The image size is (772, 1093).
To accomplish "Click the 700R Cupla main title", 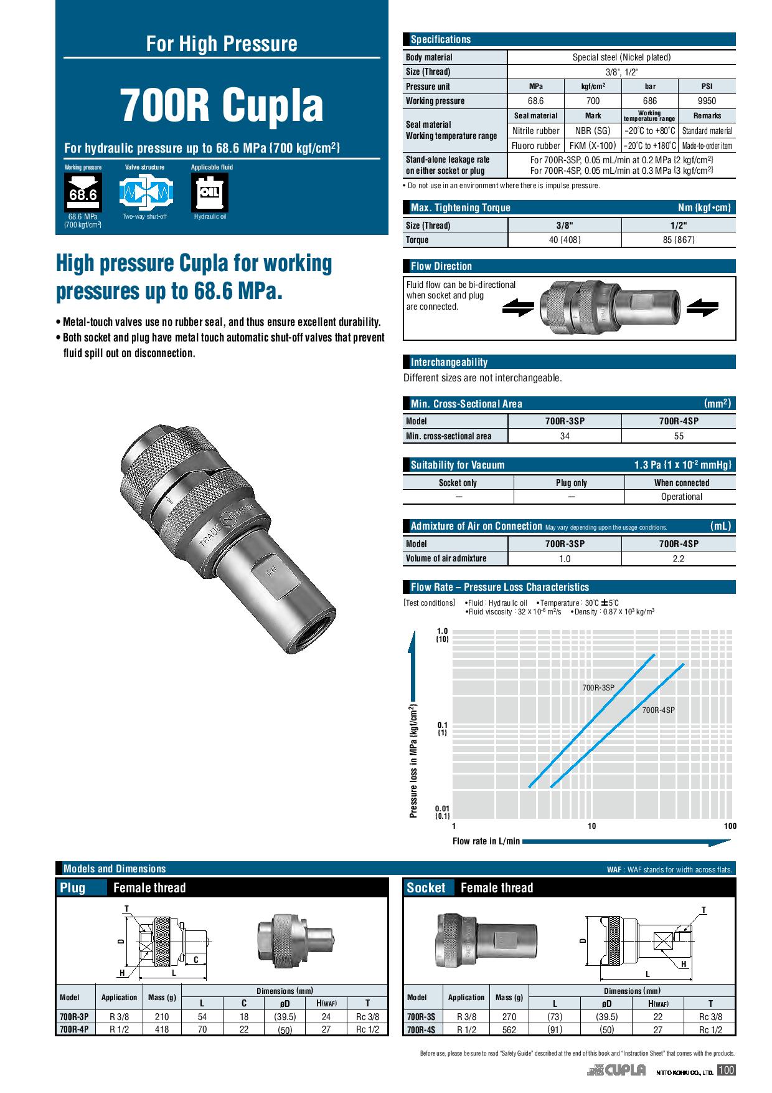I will (222, 105).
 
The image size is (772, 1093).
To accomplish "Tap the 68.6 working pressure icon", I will (83, 193).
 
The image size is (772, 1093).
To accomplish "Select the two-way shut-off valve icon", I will (144, 193).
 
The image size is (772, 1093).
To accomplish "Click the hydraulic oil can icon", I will (210, 193).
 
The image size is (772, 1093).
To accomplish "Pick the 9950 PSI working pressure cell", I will (707, 101).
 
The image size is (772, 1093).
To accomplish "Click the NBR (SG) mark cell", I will (593, 131).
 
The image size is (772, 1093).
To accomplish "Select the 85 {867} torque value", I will (679, 240).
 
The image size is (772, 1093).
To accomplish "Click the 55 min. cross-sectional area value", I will (679, 436).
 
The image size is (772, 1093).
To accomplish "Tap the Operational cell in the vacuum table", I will (681, 497).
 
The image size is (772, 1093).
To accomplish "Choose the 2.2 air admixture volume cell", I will (679, 558).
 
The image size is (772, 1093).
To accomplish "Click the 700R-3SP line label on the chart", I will (598, 688).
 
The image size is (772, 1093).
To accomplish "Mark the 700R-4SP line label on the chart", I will (658, 710).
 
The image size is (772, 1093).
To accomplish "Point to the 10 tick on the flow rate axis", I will (591, 826).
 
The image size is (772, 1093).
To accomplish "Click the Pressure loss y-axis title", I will (413, 761).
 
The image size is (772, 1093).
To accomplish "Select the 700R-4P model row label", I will (74, 1029).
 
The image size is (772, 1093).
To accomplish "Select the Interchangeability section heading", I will (449, 362).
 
